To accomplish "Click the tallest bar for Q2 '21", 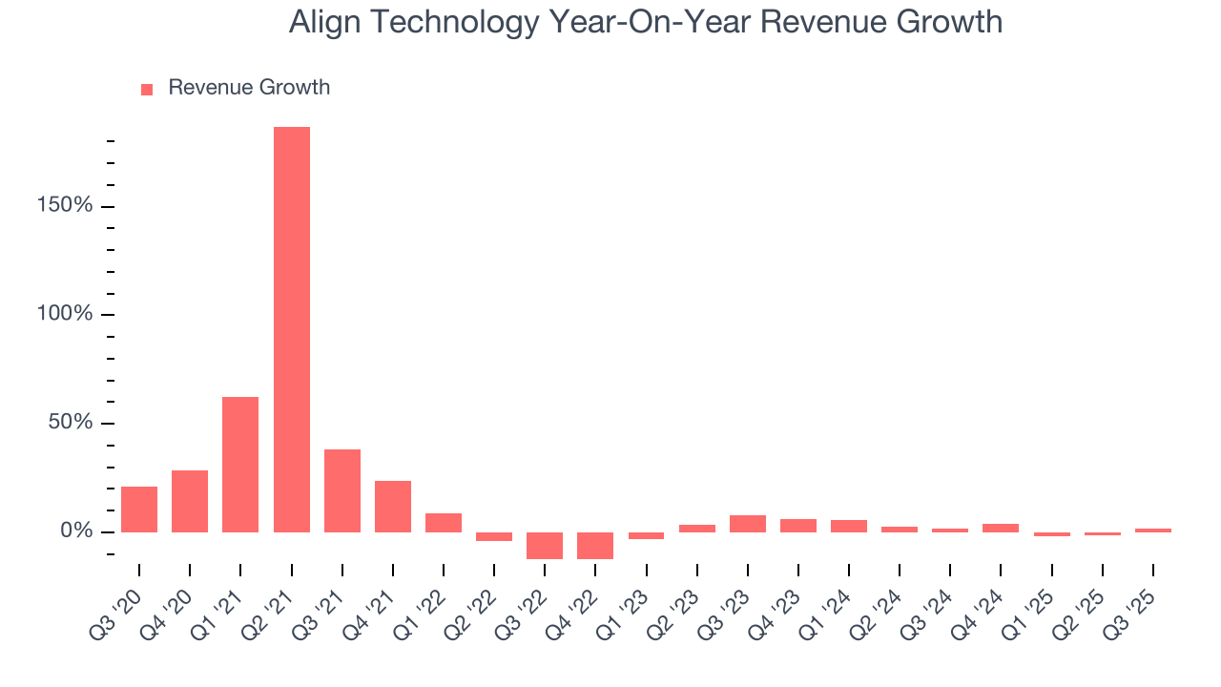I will point(291,329).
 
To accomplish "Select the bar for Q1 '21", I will point(240,465).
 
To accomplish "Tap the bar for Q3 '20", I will point(139,510).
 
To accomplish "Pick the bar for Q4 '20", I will point(190,501).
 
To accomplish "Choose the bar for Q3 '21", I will point(341,490).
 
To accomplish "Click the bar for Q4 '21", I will point(392,507).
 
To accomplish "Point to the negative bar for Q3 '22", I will point(545,545).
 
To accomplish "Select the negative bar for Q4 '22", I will point(595,545).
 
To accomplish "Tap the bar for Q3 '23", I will point(747,524).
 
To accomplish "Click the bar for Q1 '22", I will point(443,523).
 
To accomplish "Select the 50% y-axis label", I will point(72,423).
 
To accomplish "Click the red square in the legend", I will point(147,89).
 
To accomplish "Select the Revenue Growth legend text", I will point(249,88).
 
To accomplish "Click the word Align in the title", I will point(321,22).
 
